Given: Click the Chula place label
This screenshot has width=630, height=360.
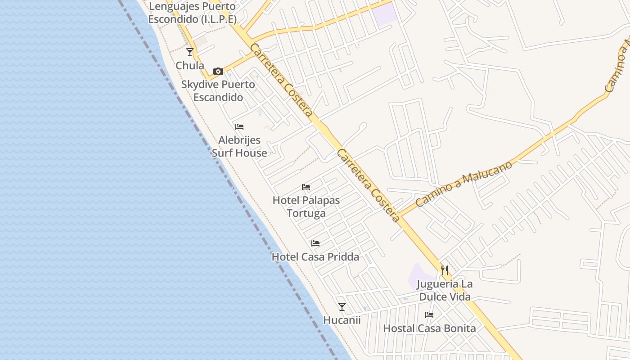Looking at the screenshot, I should (x=189, y=66).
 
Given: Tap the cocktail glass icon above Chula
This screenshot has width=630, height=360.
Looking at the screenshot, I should (x=190, y=52).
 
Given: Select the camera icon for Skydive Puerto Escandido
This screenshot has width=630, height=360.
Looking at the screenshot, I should (x=218, y=71).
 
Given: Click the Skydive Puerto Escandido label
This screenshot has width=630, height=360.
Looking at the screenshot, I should (x=218, y=91).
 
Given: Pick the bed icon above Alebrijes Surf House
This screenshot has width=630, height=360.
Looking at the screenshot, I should (x=239, y=127).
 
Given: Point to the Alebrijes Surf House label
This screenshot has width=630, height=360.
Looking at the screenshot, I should (x=239, y=147).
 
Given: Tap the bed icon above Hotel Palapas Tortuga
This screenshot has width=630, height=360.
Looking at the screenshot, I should (x=306, y=187).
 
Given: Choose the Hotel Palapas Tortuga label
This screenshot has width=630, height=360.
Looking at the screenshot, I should (x=306, y=207).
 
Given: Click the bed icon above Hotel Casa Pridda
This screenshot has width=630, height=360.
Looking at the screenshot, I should (x=315, y=243).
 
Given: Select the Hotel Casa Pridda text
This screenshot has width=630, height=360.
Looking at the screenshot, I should (x=315, y=257).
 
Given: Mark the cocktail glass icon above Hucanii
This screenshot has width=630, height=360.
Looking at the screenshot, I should (x=342, y=307).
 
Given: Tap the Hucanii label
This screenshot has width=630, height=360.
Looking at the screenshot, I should (x=342, y=320).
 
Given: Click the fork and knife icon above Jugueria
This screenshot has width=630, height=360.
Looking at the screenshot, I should (x=445, y=270).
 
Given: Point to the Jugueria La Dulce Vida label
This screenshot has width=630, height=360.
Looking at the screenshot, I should (x=445, y=291).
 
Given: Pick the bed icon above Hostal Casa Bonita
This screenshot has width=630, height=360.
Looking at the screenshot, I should (x=429, y=315).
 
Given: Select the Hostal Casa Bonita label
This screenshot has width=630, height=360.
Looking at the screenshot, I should (x=429, y=328).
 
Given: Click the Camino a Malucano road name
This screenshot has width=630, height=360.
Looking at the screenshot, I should (x=464, y=184).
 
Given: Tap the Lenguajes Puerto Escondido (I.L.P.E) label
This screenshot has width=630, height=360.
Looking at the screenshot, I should (x=192, y=13).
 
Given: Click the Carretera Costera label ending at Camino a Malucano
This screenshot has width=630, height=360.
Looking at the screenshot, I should (x=368, y=185).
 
